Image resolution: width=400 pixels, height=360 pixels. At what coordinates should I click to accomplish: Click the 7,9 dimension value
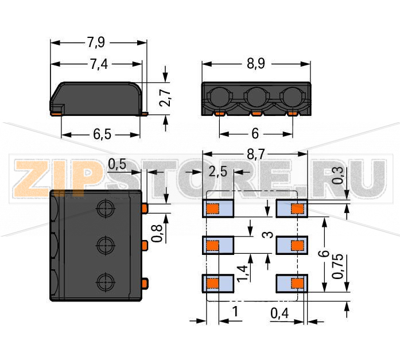[x=96, y=42]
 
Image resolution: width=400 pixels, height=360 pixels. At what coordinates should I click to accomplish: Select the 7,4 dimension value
[x=99, y=64]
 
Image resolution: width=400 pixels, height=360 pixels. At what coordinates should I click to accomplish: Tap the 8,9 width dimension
[x=256, y=64]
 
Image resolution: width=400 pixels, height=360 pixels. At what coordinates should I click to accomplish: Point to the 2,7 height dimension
[x=165, y=98]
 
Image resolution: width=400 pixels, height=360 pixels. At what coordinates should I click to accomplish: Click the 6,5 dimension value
[x=102, y=134]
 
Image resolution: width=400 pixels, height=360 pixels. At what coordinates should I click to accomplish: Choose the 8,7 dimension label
[x=256, y=154]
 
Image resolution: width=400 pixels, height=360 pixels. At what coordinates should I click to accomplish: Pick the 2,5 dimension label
[x=218, y=172]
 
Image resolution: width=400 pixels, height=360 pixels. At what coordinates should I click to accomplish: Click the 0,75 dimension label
[x=338, y=266]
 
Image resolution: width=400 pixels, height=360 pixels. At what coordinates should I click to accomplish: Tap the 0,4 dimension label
[x=279, y=313]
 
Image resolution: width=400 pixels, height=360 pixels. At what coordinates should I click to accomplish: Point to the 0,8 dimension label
[x=157, y=233]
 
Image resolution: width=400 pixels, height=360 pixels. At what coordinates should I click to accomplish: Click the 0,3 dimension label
[x=338, y=176]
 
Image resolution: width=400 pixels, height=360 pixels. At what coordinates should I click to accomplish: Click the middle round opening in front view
[x=257, y=97]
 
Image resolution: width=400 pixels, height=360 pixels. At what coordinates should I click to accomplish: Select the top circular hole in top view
[x=106, y=208]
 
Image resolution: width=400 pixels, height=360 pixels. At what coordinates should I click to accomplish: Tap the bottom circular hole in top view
[x=106, y=282]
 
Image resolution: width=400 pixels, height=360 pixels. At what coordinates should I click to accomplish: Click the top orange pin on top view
[x=145, y=208]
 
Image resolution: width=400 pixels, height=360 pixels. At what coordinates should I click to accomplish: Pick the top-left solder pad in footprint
[x=218, y=208]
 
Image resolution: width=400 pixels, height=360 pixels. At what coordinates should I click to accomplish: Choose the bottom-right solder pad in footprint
[x=292, y=283]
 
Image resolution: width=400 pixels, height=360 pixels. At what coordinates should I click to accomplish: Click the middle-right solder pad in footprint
[x=292, y=245]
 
